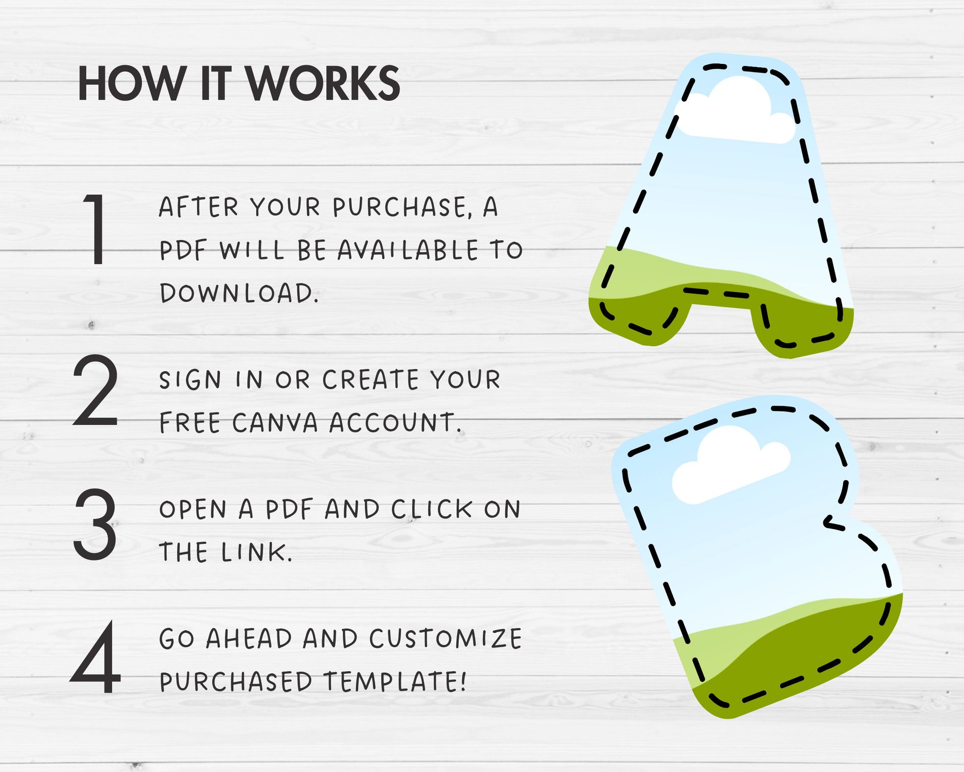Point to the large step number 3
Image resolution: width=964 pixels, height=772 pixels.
[95, 524]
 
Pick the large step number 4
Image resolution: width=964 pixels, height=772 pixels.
[96, 657]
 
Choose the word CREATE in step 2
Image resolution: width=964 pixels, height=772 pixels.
[371, 380]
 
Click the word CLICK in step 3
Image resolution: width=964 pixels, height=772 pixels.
[431, 509]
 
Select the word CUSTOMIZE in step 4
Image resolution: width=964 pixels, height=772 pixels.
[445, 639]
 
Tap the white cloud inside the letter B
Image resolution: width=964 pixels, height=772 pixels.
[731, 465]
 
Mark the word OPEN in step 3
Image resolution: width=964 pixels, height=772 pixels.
[193, 509]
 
